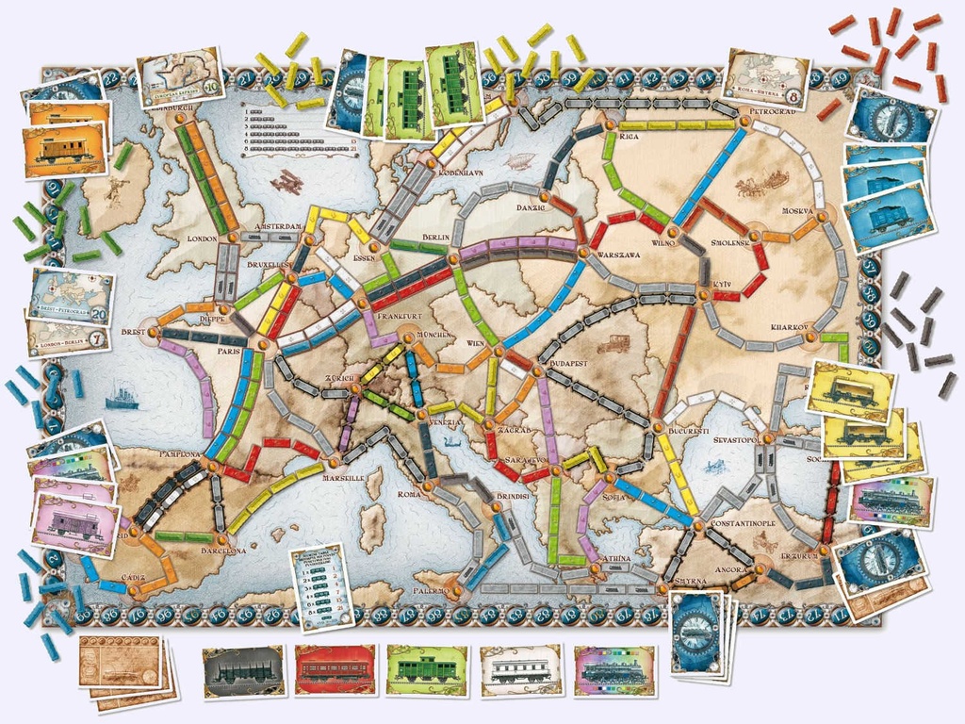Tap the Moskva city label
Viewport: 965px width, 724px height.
click(797, 210)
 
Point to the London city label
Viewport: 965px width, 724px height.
click(203, 239)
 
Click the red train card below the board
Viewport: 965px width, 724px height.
click(335, 670)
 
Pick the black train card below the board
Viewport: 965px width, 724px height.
click(244, 671)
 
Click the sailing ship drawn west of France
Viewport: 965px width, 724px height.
click(122, 397)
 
